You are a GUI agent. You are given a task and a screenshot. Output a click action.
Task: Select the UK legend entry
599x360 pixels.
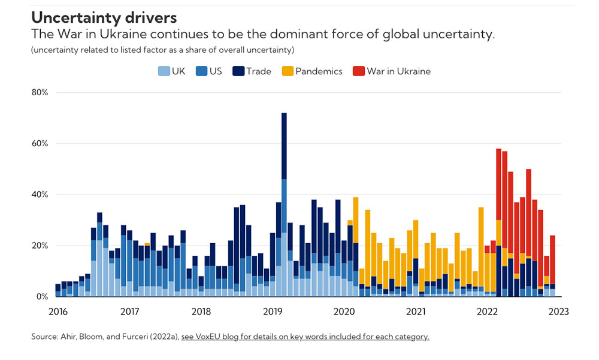pos(172,71)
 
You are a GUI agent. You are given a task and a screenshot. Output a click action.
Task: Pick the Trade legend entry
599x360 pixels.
pos(253,71)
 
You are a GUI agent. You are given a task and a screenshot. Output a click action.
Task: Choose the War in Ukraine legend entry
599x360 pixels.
pos(392,71)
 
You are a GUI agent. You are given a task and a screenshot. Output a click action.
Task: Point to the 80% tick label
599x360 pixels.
pos(40,93)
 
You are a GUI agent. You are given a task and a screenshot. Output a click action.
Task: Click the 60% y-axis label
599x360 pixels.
pos(40,144)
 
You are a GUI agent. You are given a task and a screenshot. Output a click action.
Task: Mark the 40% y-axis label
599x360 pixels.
pos(40,195)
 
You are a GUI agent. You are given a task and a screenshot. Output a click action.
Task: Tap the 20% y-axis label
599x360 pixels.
pos(40,246)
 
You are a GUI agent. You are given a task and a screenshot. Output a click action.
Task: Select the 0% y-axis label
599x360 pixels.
pos(42,297)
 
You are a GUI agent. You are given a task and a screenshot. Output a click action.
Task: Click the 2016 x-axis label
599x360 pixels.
pos(58,311)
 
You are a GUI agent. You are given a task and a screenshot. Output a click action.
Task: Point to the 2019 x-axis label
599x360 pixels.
pos(273,311)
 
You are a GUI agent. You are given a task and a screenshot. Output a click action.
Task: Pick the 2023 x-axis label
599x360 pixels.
pos(558,311)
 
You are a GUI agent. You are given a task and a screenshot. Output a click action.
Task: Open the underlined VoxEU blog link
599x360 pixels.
pos(305,337)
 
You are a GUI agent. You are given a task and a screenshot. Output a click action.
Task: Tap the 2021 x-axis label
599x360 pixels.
pos(416,311)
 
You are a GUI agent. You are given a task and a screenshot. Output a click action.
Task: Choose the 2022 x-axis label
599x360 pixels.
pos(488,311)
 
